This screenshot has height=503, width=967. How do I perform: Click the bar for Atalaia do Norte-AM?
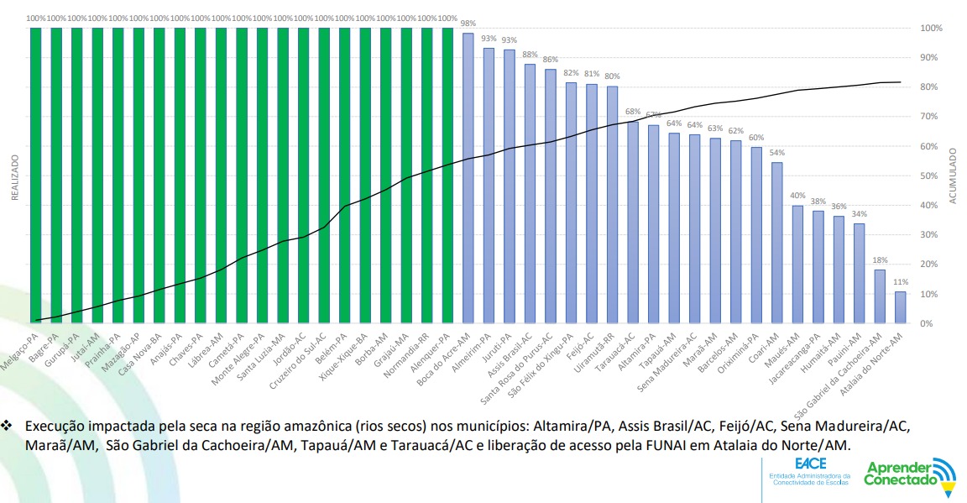click(900, 307)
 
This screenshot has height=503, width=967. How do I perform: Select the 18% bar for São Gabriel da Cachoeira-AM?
click(880, 296)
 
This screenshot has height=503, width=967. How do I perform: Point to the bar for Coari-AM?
click(776, 243)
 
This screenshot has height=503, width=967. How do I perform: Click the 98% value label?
click(468, 23)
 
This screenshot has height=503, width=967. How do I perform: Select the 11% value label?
click(901, 282)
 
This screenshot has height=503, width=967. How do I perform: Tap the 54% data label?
click(777, 153)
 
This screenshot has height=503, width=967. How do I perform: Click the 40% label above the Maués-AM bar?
click(797, 195)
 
